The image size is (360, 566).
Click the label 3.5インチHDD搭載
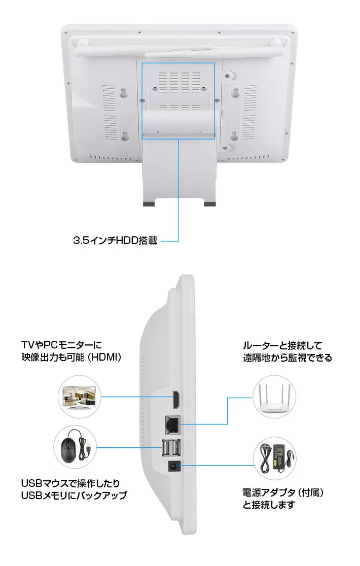click(x=115, y=241)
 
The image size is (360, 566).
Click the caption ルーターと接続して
click(x=282, y=346)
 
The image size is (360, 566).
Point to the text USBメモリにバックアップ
click(x=74, y=495)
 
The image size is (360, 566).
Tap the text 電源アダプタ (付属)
click(x=283, y=492)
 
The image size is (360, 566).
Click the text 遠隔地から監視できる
click(x=287, y=358)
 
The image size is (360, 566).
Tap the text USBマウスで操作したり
click(x=70, y=483)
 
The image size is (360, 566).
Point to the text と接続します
click(x=268, y=505)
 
